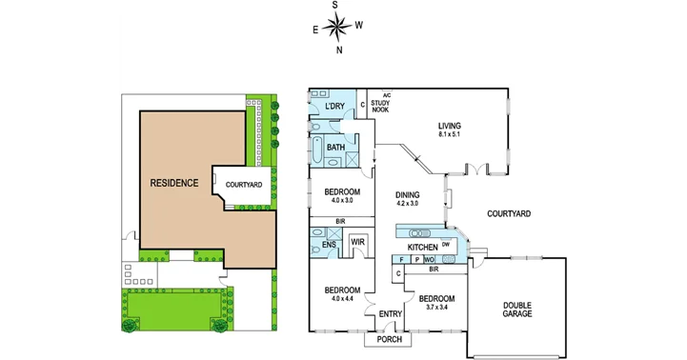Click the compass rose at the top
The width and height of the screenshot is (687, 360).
(337, 27)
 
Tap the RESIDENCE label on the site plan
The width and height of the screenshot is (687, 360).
(173, 182)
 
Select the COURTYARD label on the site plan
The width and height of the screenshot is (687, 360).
(244, 185)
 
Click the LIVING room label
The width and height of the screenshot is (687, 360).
(449, 126)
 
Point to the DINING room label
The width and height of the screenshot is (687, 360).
(408, 194)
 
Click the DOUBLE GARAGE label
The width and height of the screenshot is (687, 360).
(517, 310)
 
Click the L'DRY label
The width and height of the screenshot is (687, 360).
(333, 107)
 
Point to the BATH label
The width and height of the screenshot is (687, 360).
(335, 148)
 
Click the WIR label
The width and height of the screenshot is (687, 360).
(358, 243)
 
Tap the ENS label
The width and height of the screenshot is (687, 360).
(328, 245)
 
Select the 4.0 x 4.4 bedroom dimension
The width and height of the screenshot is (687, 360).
(341, 298)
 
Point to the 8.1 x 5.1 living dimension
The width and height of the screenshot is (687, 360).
(449, 134)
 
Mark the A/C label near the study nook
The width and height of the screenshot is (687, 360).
(386, 95)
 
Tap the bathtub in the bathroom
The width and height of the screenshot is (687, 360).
(316, 150)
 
